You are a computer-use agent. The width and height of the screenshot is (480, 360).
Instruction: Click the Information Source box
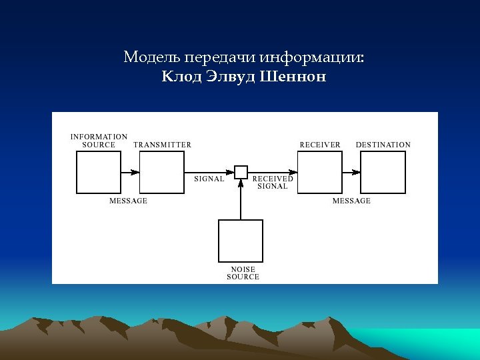coord(99,172)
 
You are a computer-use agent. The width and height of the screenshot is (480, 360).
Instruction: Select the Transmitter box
coord(162,172)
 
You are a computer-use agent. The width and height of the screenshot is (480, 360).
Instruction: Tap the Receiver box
coord(319,172)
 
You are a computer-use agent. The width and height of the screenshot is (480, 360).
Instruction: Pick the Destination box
coord(383,172)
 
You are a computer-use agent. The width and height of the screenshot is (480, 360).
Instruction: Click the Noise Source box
coord(241,241)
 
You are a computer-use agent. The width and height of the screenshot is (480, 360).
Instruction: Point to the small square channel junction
coord(241,172)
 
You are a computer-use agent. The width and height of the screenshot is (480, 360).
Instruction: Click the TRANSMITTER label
coord(162,145)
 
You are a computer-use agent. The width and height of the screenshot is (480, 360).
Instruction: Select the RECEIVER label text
coord(320,145)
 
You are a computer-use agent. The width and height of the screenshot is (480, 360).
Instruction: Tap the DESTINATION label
coord(383,145)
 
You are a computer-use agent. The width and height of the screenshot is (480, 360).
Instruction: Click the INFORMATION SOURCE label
coord(99,141)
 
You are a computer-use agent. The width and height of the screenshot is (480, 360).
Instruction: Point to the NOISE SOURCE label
coord(243,273)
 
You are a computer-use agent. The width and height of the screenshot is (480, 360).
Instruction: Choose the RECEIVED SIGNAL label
coord(273,183)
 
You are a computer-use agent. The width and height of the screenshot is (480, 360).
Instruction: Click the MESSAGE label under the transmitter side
coord(129,201)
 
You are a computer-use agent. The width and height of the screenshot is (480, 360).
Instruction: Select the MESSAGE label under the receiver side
coord(351,201)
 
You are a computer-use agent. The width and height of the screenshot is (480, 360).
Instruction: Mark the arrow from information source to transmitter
coord(131,172)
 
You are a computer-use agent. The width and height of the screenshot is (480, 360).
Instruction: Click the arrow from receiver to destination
coord(351,172)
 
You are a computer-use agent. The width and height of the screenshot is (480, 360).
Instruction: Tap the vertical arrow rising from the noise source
coord(241,200)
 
